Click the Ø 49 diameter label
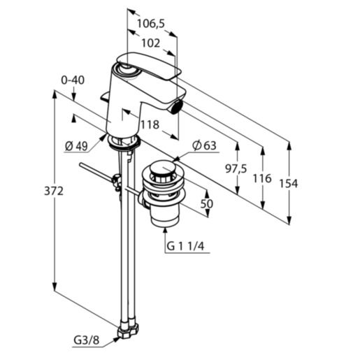76,145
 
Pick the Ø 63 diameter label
203,145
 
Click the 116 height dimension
261,179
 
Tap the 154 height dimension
287,183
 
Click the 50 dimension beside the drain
206,203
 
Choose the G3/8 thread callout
87,341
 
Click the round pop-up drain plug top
163,169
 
